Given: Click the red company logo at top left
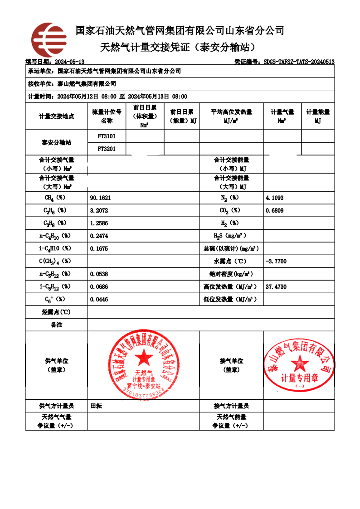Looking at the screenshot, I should click(x=49, y=39).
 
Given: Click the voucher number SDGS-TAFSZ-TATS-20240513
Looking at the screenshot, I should click(x=299, y=62).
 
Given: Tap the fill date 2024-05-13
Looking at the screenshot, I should click(x=69, y=62).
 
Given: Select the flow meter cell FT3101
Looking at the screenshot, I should click(x=107, y=136).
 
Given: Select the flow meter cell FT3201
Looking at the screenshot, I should click(x=107, y=149).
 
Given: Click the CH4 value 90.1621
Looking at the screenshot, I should click(x=100, y=198).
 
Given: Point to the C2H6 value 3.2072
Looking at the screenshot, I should click(x=99, y=211).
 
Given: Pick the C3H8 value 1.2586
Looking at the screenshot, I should click(x=99, y=223).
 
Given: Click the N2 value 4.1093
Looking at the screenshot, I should click(x=275, y=198).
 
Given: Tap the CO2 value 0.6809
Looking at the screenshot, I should click(x=275, y=211).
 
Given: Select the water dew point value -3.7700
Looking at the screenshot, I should click(x=276, y=262).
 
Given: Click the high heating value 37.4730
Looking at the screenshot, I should click(x=276, y=287).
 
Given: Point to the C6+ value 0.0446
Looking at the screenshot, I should click(x=99, y=300).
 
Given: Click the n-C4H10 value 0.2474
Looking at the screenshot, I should click(x=99, y=236).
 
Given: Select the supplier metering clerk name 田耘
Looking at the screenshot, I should click(x=96, y=406).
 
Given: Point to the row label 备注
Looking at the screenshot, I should click(x=56, y=325).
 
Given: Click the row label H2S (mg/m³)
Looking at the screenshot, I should click(x=231, y=236).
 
